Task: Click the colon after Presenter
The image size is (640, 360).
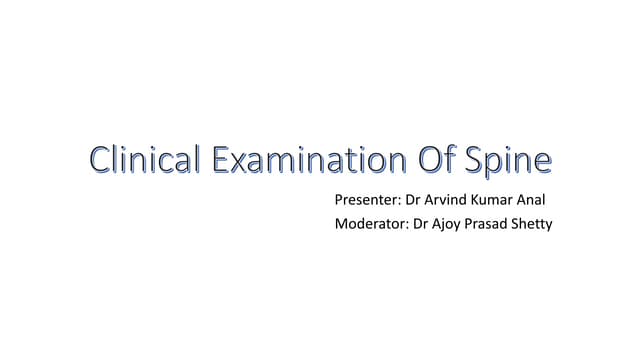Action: (404, 201)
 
